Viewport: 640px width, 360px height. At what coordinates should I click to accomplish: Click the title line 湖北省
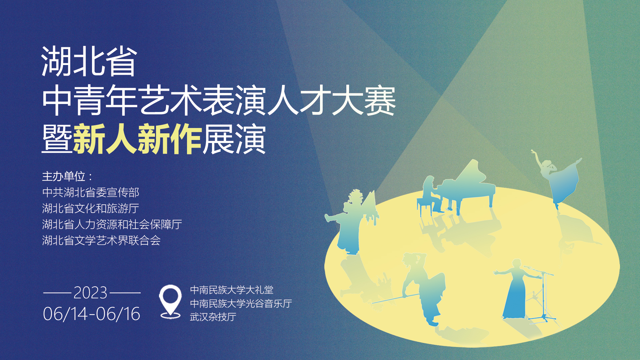89,62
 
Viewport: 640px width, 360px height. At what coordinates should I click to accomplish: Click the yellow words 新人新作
137,139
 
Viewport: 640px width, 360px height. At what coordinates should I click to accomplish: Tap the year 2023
90,293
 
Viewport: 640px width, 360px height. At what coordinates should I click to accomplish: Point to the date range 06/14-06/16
92,314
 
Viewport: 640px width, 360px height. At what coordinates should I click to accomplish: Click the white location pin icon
170,301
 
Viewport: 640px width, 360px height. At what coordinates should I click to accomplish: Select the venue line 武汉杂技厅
213,317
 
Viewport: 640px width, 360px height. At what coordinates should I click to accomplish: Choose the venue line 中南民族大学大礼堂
232,290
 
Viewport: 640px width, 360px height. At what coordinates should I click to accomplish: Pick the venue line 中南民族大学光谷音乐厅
241,303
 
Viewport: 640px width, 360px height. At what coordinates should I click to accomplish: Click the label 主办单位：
68,176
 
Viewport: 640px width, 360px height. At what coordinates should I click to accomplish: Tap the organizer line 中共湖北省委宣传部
91,192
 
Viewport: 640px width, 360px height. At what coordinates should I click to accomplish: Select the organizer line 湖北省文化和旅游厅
91,208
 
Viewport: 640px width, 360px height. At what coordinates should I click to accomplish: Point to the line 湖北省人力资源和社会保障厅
112,224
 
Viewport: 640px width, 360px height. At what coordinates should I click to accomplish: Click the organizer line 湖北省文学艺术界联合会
101,240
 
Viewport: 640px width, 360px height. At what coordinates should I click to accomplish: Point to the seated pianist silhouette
430,195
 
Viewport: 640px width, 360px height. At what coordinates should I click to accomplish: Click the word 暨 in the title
57,139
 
